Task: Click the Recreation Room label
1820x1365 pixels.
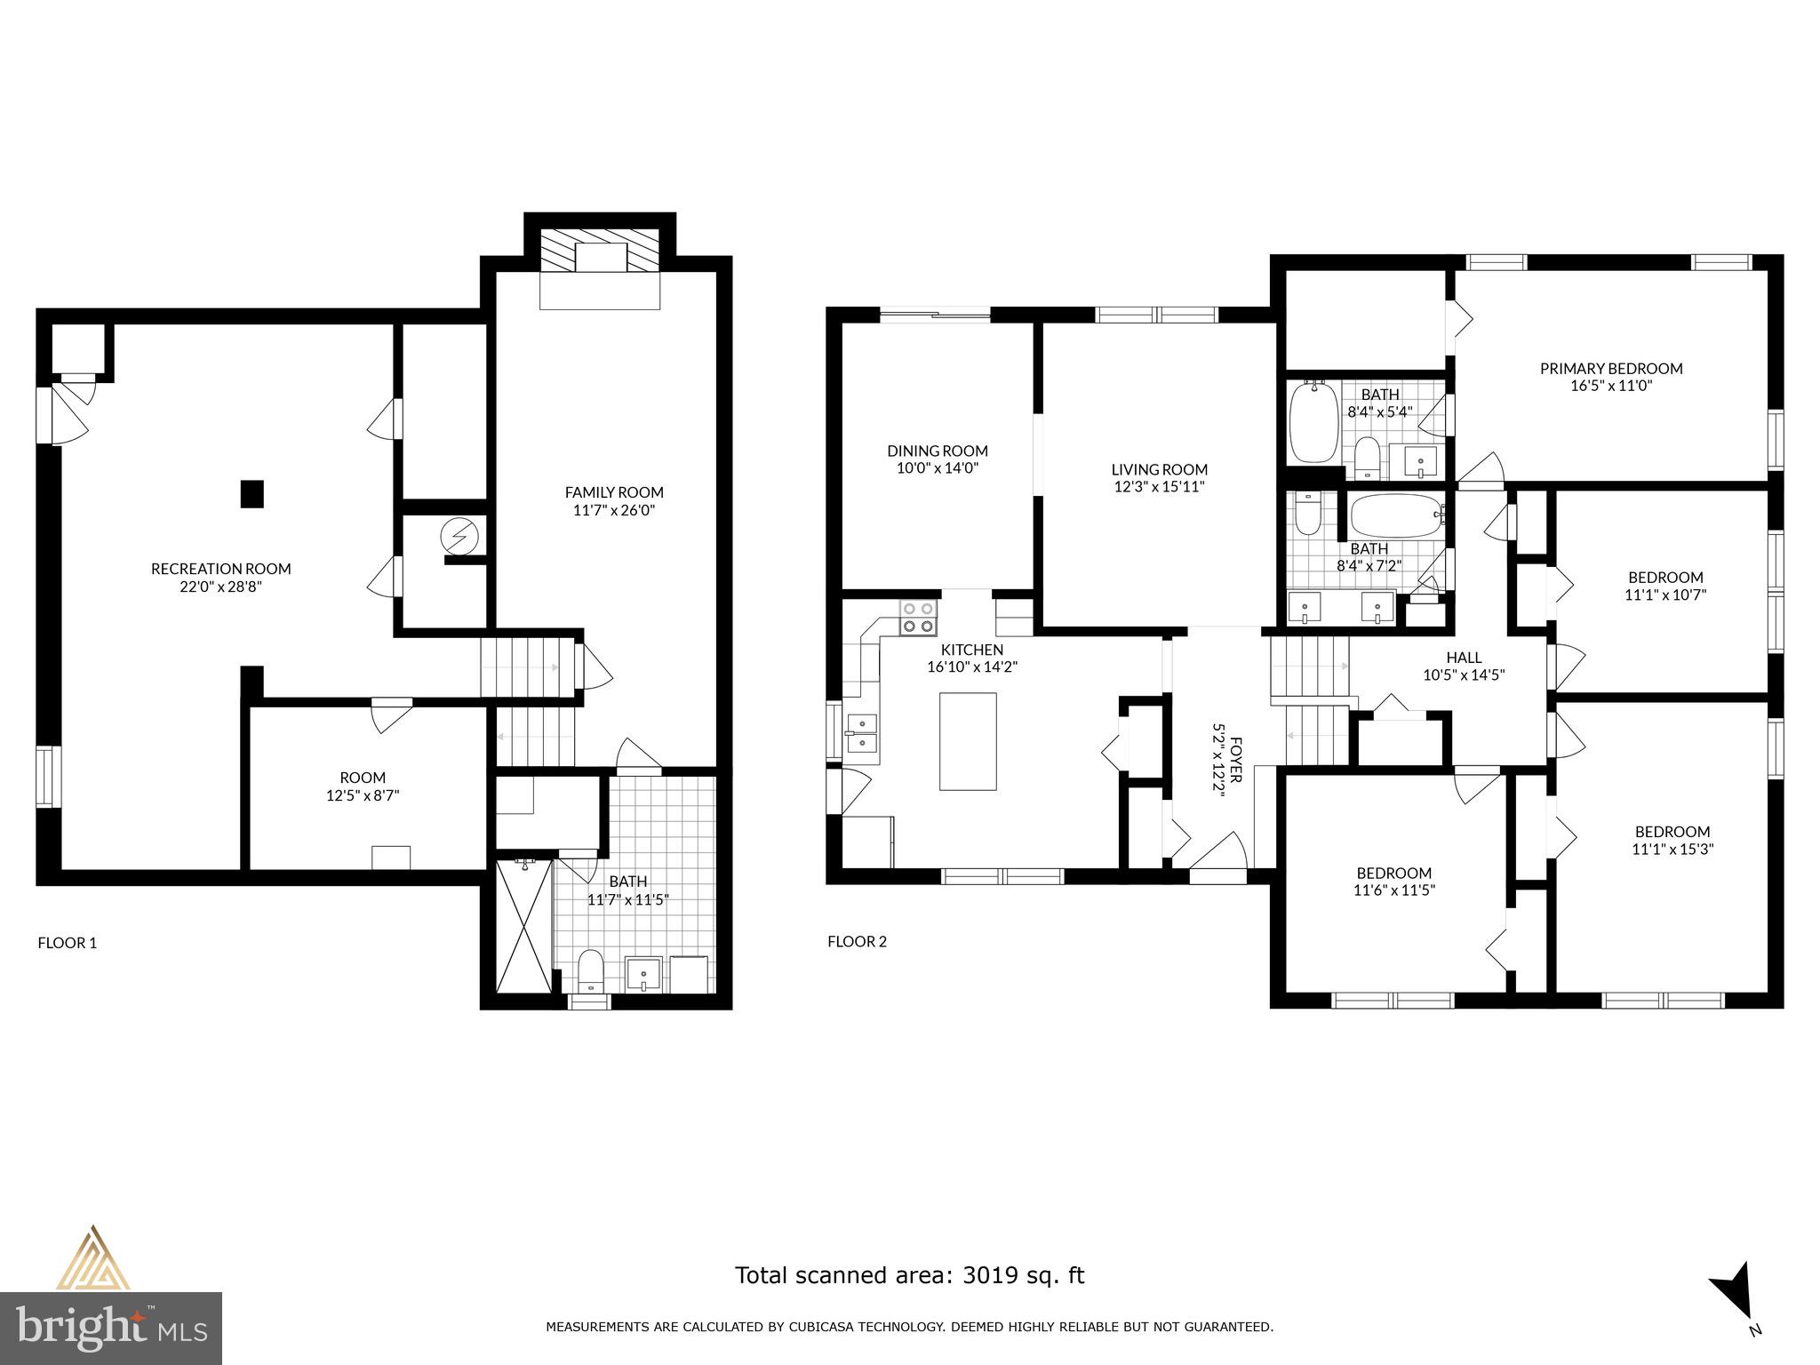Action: click(220, 569)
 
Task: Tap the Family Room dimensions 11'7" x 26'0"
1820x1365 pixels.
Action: click(614, 511)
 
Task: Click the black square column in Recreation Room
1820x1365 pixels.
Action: click(252, 494)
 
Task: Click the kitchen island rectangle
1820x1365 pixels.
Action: click(968, 741)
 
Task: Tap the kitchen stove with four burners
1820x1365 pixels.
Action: click(918, 618)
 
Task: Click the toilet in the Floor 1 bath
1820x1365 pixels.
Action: click(590, 971)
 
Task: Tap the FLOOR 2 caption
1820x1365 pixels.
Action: click(857, 942)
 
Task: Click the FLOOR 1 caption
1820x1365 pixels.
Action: click(67, 943)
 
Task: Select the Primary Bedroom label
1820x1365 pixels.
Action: click(1610, 369)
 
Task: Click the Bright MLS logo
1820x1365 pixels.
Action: click(110, 1328)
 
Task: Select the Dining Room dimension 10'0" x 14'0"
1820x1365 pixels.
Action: click(937, 468)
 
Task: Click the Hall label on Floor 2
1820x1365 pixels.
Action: click(1463, 658)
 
